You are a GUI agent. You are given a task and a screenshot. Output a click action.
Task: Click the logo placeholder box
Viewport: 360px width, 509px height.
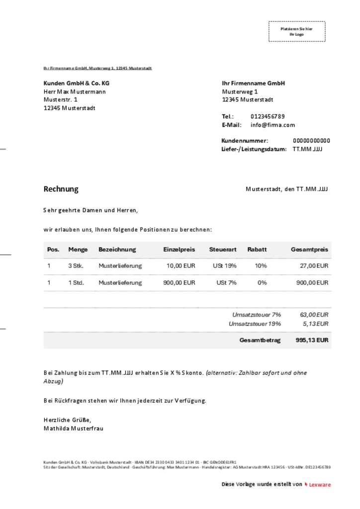pyautogui.click(x=296, y=31)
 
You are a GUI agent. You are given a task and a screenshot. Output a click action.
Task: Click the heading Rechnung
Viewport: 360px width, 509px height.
pyautogui.click(x=61, y=189)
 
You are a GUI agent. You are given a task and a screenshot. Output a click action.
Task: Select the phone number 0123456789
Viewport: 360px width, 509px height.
pyautogui.click(x=268, y=116)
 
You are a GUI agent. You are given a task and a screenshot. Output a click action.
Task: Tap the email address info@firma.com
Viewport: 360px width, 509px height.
pyautogui.click(x=272, y=125)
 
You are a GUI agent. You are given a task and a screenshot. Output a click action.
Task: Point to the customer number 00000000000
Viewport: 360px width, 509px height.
pyautogui.click(x=311, y=141)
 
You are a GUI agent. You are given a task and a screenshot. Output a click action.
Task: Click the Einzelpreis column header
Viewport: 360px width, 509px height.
pyautogui.click(x=179, y=250)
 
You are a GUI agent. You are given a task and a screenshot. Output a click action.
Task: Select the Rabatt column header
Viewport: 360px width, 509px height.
pyautogui.click(x=257, y=250)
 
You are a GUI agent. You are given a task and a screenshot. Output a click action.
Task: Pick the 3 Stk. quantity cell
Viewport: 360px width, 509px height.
pyautogui.click(x=76, y=266)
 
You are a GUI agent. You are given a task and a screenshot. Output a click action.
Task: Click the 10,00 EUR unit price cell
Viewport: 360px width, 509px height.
pyautogui.click(x=180, y=266)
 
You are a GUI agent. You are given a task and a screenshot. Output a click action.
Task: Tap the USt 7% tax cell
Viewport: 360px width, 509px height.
pyautogui.click(x=226, y=283)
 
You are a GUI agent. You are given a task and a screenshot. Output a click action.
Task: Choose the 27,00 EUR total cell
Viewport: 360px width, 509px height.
pyautogui.click(x=315, y=266)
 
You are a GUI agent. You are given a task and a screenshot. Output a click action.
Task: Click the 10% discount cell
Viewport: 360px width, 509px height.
pyautogui.click(x=261, y=266)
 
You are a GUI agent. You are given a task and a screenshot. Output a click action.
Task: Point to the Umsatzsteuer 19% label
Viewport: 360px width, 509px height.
pyautogui.click(x=255, y=324)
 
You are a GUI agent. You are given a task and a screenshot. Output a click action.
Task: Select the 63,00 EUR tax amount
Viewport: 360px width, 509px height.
pyautogui.click(x=314, y=315)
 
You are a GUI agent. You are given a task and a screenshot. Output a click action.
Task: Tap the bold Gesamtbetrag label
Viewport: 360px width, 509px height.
pyautogui.click(x=260, y=340)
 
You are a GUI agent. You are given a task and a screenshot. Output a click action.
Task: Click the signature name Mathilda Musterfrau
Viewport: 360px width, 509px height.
pyautogui.click(x=74, y=428)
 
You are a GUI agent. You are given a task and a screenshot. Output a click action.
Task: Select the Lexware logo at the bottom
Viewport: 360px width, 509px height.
pyautogui.click(x=318, y=485)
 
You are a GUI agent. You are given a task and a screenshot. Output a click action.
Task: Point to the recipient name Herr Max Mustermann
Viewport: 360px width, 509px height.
pyautogui.click(x=75, y=91)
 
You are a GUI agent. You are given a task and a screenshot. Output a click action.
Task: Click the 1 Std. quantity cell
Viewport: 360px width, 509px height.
pyautogui.click(x=76, y=283)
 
